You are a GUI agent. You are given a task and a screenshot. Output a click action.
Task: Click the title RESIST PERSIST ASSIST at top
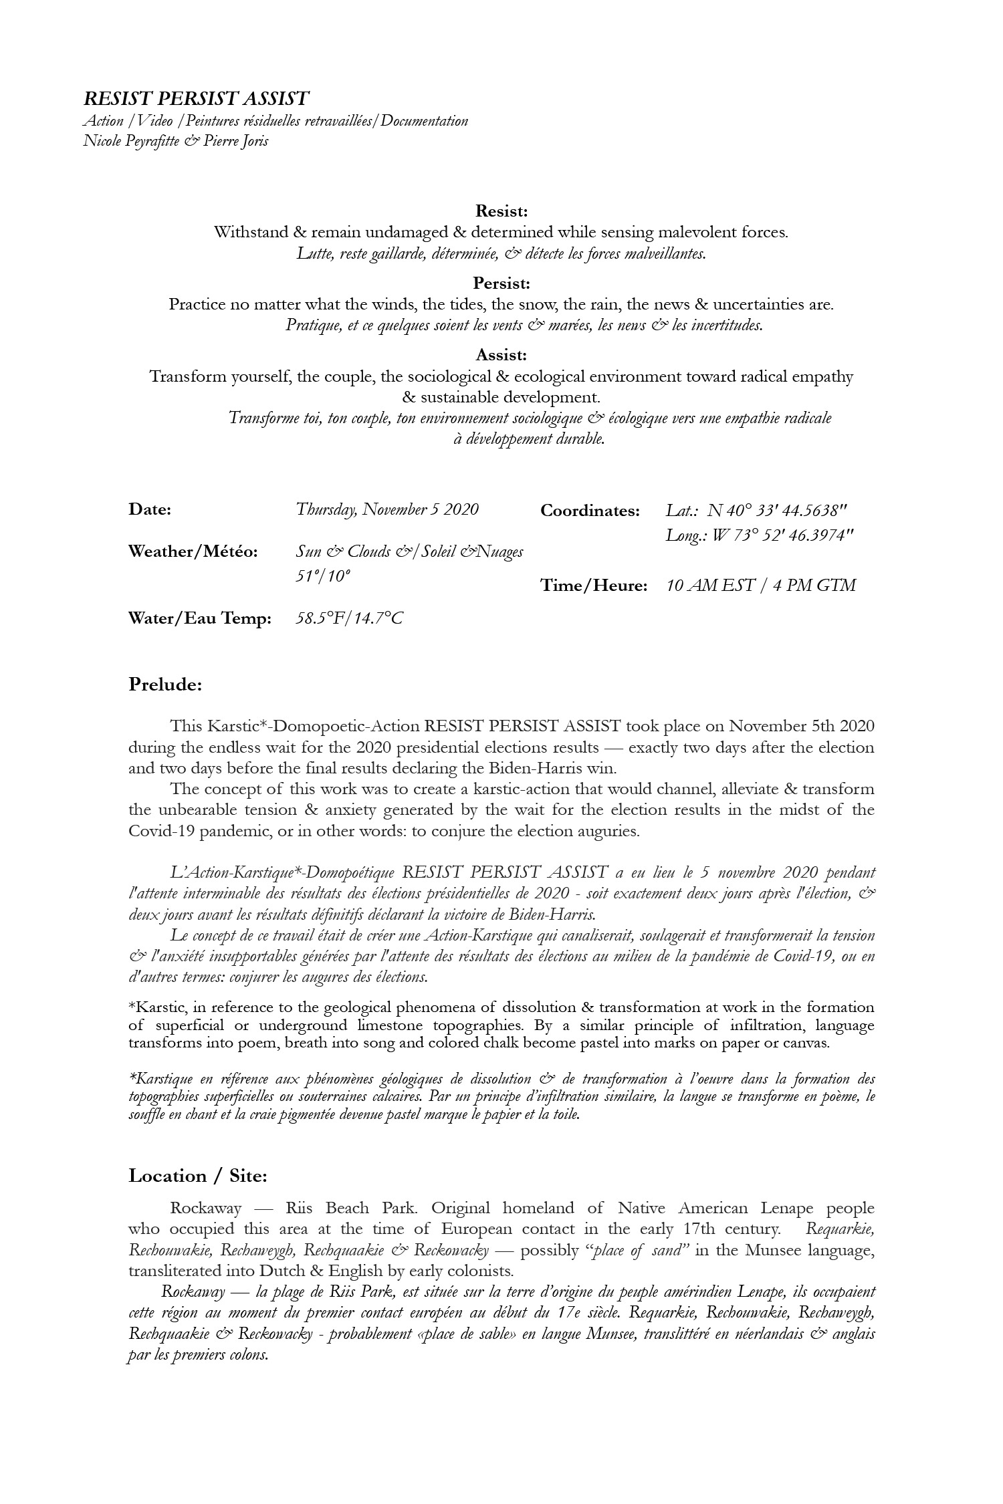(x=196, y=99)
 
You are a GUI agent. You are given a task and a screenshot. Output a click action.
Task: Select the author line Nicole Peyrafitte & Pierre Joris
(x=175, y=142)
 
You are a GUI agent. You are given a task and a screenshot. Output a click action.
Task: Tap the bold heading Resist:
(x=501, y=211)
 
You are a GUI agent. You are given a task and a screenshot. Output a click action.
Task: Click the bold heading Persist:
(x=501, y=283)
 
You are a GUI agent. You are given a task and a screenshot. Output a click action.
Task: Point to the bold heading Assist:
(x=501, y=355)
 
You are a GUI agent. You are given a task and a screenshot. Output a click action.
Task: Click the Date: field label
(x=150, y=509)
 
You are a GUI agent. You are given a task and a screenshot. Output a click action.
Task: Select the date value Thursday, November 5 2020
(x=387, y=509)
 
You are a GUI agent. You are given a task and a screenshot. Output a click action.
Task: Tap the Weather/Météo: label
(x=193, y=552)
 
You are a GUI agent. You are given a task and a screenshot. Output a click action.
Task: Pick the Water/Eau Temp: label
(x=199, y=618)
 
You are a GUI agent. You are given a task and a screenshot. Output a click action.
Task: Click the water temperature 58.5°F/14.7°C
(x=349, y=618)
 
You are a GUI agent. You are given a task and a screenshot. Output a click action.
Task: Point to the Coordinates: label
(x=590, y=511)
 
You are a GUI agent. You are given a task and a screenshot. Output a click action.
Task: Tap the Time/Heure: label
(x=594, y=586)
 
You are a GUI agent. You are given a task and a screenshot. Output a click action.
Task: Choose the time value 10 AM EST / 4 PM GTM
(x=761, y=586)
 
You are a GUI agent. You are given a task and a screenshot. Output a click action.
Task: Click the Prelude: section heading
(x=165, y=685)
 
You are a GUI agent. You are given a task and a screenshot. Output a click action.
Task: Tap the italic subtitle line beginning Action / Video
(x=275, y=121)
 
